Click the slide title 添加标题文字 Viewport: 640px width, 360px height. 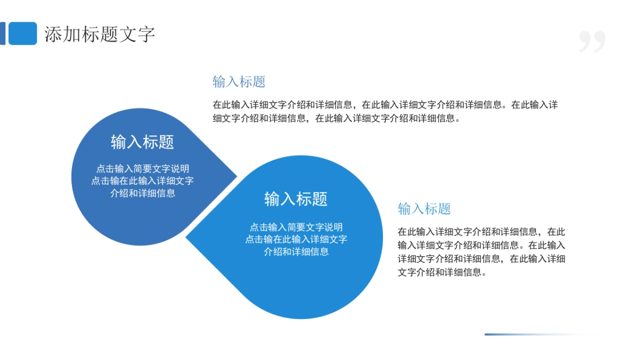click(100, 34)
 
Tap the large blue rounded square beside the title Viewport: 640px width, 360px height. click(23, 34)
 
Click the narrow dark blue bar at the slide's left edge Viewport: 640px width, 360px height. click(3, 34)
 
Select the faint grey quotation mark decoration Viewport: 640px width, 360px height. click(592, 42)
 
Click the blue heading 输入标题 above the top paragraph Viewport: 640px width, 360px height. click(239, 82)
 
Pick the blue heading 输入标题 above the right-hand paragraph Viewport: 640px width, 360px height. click(425, 209)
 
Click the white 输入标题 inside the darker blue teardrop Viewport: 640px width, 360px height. click(142, 142)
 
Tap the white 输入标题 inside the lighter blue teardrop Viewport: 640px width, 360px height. click(296, 199)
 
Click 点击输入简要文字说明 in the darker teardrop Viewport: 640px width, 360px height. click(142, 169)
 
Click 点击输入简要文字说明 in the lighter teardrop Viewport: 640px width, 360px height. click(296, 227)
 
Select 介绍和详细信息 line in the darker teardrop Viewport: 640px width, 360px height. click(142, 194)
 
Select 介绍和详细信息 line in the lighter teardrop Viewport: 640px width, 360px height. click(296, 252)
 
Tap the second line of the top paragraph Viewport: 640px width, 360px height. click(336, 118)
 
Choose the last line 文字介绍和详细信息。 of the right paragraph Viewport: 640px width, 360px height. click(442, 272)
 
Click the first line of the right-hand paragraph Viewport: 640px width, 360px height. click(482, 232)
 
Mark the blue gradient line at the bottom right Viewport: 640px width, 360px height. click(536, 334)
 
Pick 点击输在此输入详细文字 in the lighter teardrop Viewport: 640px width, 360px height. click(296, 239)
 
